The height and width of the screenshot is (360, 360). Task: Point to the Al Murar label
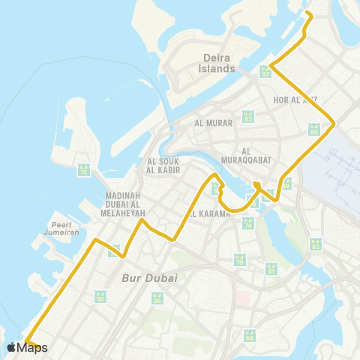click(210, 123)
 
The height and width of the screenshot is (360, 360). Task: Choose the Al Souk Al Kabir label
click(161, 165)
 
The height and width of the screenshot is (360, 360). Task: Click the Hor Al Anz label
click(294, 99)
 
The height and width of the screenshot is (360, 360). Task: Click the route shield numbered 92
click(265, 71)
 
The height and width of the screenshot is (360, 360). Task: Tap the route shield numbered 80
click(314, 129)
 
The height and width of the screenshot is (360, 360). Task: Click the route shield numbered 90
click(100, 297)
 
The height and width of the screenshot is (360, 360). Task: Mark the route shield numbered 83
click(316, 242)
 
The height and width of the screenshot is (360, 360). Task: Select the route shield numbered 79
click(240, 260)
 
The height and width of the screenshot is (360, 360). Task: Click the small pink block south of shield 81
click(243, 298)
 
